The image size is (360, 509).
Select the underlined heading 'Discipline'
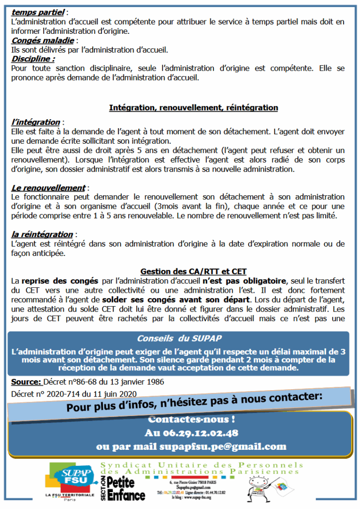point(33,59)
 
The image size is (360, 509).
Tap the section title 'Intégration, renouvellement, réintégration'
point(193,107)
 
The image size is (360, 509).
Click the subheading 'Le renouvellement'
point(48,188)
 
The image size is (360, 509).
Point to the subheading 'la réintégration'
point(42,234)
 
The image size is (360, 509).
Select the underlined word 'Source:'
point(26,382)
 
